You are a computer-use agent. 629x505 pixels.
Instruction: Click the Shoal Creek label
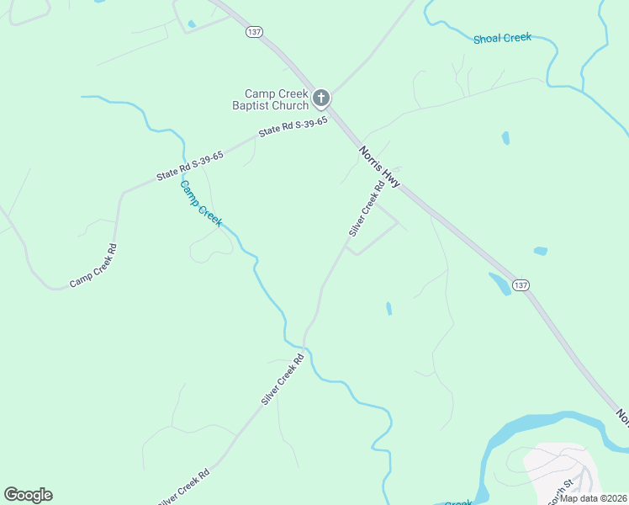click(x=502, y=39)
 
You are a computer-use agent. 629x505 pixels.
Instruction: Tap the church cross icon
click(x=320, y=99)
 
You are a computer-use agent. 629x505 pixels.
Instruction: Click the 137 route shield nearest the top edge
click(x=255, y=32)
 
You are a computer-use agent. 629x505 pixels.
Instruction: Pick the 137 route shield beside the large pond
click(x=521, y=285)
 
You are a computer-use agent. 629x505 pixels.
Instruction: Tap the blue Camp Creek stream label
click(x=201, y=203)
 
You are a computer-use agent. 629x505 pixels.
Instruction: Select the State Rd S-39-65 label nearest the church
click(x=293, y=127)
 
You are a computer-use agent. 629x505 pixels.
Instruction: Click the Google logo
click(x=28, y=495)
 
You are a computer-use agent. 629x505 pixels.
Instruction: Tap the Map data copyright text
click(x=592, y=497)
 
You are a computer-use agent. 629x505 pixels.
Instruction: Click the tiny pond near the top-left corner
click(x=191, y=24)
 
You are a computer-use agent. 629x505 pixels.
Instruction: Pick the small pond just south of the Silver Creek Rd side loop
click(x=388, y=308)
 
